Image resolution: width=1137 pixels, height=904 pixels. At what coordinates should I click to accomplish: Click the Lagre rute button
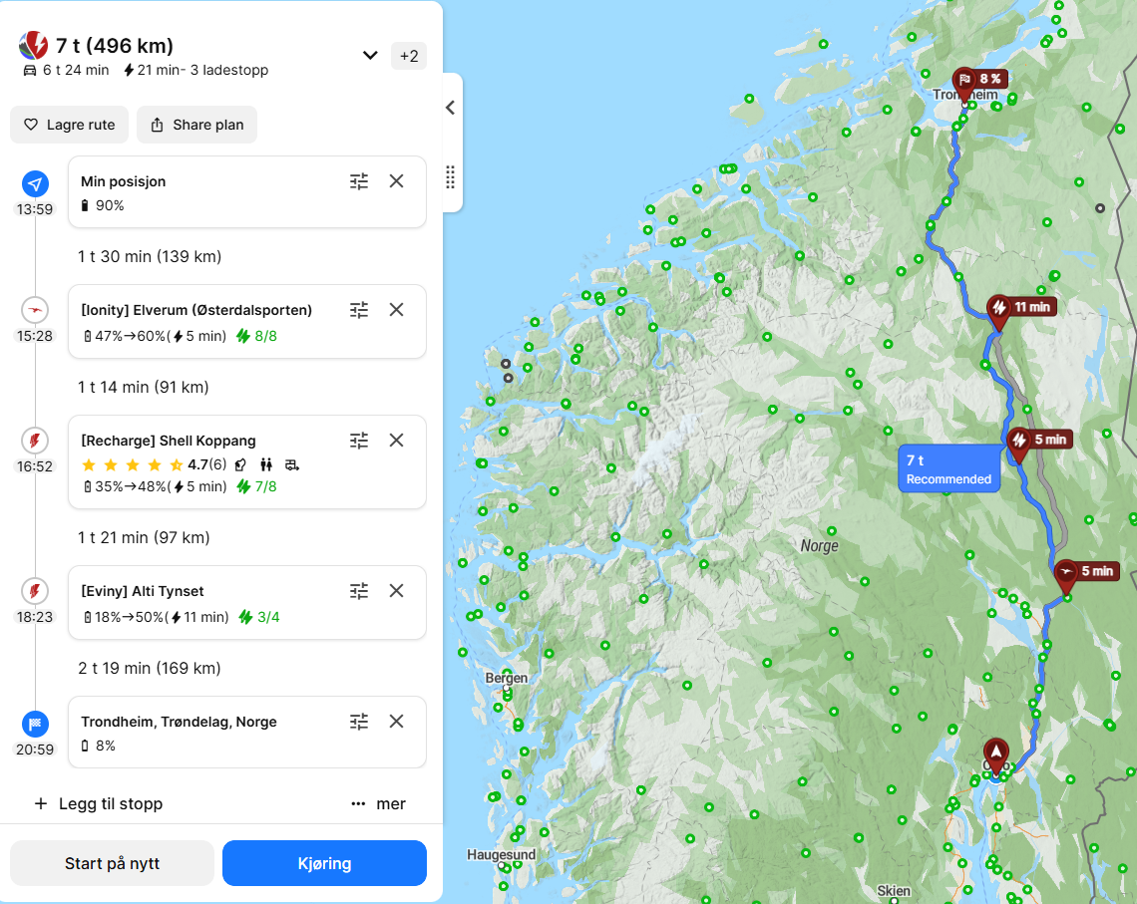click(70, 125)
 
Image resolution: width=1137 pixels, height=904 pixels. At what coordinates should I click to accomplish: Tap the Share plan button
click(196, 125)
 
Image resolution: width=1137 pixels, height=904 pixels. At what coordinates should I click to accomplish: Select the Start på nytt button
click(112, 863)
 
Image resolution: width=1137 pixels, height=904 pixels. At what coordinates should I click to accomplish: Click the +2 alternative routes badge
click(409, 56)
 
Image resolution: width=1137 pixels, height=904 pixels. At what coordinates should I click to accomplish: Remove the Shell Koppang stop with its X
click(396, 440)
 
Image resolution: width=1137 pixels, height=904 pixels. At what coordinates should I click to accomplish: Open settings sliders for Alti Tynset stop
click(359, 590)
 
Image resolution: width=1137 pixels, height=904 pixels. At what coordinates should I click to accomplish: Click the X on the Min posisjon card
click(396, 180)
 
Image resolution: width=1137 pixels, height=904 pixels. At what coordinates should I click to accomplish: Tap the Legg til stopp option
click(98, 803)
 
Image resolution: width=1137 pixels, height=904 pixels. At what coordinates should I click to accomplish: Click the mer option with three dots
click(378, 803)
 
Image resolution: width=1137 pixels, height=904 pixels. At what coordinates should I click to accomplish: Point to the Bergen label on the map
click(506, 678)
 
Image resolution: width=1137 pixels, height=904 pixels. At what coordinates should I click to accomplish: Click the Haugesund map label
click(501, 854)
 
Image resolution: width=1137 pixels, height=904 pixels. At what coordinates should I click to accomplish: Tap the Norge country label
click(819, 546)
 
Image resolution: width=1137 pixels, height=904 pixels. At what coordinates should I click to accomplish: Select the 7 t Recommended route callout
click(948, 468)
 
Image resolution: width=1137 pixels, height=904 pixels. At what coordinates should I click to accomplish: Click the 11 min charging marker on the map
click(998, 309)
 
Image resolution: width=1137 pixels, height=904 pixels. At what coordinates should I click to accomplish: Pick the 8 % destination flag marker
click(964, 81)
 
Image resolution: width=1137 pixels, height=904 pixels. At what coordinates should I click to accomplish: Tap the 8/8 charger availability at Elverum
click(256, 336)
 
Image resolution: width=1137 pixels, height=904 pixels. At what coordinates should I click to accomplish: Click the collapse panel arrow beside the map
click(450, 108)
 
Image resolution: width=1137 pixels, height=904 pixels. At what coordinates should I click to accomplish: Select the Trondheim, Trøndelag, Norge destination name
click(180, 722)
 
